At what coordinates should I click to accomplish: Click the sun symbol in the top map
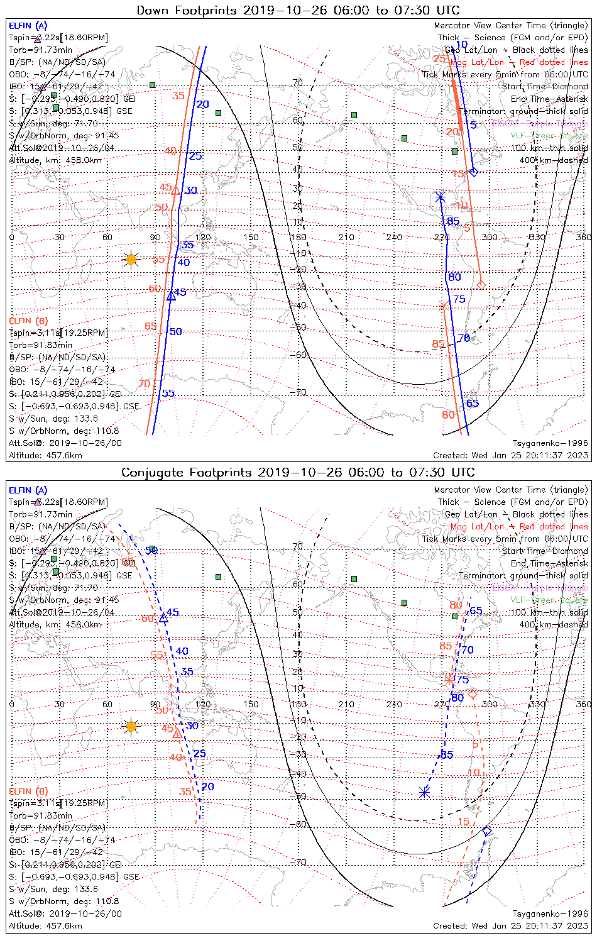pos(131,259)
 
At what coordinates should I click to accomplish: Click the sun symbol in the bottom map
pos(131,727)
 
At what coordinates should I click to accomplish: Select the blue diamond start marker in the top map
pos(474,172)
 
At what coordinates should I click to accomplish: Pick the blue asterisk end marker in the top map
pos(440,197)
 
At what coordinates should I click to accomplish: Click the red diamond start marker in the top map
pos(481,285)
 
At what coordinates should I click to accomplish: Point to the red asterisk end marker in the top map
pos(444,306)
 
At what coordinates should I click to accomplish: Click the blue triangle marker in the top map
pos(171,295)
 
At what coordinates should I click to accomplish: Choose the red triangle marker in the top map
pos(176,190)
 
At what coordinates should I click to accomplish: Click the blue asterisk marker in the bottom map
pos(425,792)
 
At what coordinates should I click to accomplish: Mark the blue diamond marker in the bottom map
pos(486,831)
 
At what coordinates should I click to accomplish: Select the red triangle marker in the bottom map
pos(177,733)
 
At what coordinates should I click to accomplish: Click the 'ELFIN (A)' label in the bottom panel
pos(28,490)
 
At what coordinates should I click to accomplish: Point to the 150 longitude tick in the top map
pos(251,237)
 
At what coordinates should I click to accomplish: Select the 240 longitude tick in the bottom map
pos(394,704)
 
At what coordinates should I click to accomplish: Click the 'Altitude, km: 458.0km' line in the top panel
pos(55,160)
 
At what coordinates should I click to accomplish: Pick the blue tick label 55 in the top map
pos(168,394)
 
